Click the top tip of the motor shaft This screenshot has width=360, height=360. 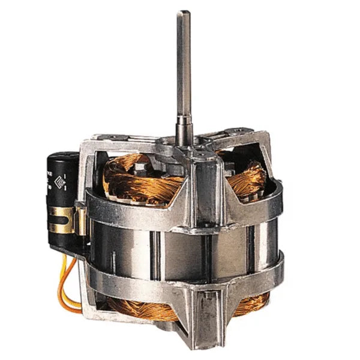pyautogui.click(x=182, y=13)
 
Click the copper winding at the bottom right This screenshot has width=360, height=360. pyautogui.click(x=246, y=306)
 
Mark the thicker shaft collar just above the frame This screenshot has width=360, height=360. pyautogui.click(x=182, y=129)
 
